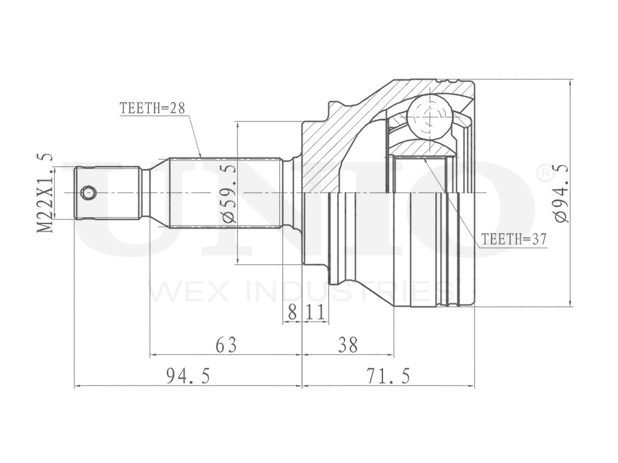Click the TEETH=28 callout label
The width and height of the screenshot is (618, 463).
click(x=153, y=108)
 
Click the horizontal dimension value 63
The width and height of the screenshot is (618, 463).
click(x=226, y=345)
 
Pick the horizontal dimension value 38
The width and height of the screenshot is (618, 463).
click(x=348, y=345)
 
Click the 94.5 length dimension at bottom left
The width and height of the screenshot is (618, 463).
click(x=188, y=376)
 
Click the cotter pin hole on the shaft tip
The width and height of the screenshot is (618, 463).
click(x=88, y=193)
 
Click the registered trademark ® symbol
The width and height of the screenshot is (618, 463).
click(x=544, y=172)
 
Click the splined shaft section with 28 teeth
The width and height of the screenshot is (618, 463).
click(x=225, y=193)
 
